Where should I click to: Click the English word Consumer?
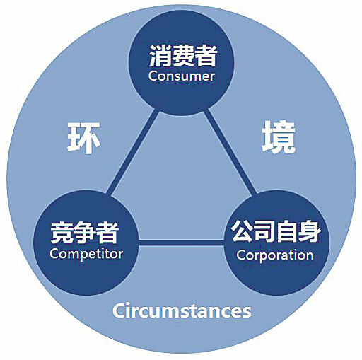pyautogui.click(x=181, y=76)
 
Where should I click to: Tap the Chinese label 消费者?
pyautogui.click(x=183, y=56)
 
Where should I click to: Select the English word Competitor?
pyautogui.click(x=86, y=254)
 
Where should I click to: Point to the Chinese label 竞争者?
pyautogui.click(x=84, y=233)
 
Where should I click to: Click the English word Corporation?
pyautogui.click(x=275, y=255)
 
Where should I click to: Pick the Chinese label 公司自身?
pyautogui.click(x=276, y=231)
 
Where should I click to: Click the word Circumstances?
pyautogui.click(x=182, y=310)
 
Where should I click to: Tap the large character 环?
pyautogui.click(x=83, y=138)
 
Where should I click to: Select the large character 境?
pyautogui.click(x=279, y=137)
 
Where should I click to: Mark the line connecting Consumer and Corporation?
pyautogui.click(x=229, y=152)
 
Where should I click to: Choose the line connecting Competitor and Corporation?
pyautogui.click(x=181, y=243)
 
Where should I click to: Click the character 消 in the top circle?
pyautogui.click(x=160, y=56)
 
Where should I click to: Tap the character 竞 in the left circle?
pyautogui.click(x=62, y=233)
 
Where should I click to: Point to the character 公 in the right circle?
pyautogui.click(x=242, y=231)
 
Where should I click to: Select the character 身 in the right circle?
pyautogui.click(x=310, y=231)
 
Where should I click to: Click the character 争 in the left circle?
pyautogui.click(x=84, y=233)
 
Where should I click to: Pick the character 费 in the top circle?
pyautogui.click(x=183, y=56)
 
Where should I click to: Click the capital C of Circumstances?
pyautogui.click(x=119, y=310)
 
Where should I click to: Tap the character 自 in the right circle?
pyautogui.click(x=287, y=231)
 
